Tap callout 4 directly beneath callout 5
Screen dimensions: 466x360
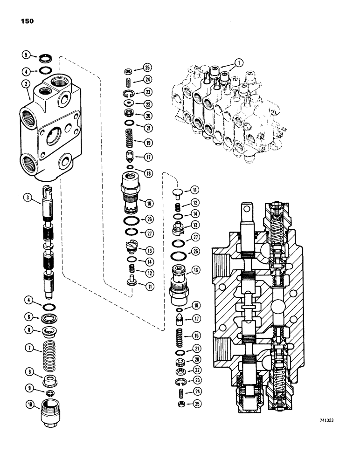tap(25, 72)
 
